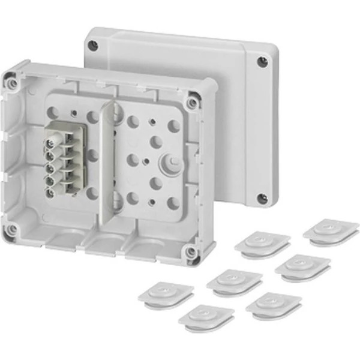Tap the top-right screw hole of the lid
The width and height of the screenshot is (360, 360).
262,61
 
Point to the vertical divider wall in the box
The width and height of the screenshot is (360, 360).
109,156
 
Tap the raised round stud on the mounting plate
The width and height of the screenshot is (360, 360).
170,163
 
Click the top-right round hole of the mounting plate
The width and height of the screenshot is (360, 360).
173,126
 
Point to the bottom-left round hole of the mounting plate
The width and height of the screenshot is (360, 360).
91,193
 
